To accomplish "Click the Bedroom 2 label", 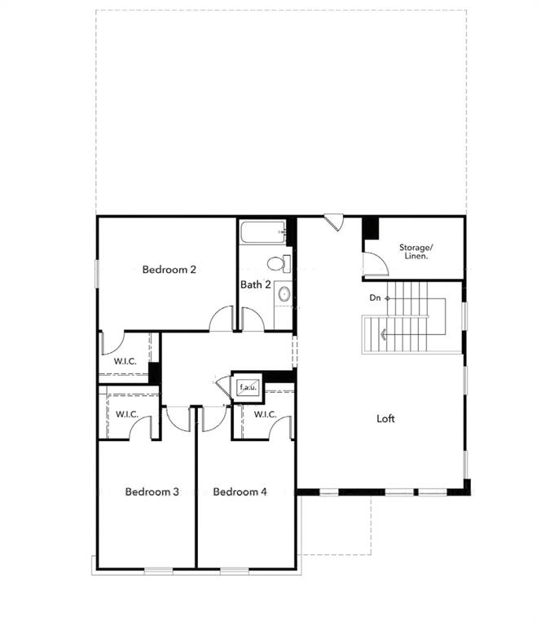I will click(x=169, y=270).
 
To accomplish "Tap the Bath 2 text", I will click(x=256, y=284).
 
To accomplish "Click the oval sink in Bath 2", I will click(x=284, y=293).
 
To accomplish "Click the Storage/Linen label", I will click(x=416, y=251).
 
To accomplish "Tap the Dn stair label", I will click(x=375, y=298).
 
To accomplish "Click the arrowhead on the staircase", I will click(x=382, y=333).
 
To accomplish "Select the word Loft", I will click(x=385, y=419).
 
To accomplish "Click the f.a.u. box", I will click(x=248, y=387).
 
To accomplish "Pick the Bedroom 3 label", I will click(x=152, y=492).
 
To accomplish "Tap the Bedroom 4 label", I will click(x=240, y=492).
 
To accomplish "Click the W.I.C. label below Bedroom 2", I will click(x=125, y=360).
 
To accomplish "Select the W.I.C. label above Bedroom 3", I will click(x=126, y=414).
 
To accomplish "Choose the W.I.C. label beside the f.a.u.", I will click(x=265, y=414).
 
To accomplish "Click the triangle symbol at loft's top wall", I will click(x=334, y=221).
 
